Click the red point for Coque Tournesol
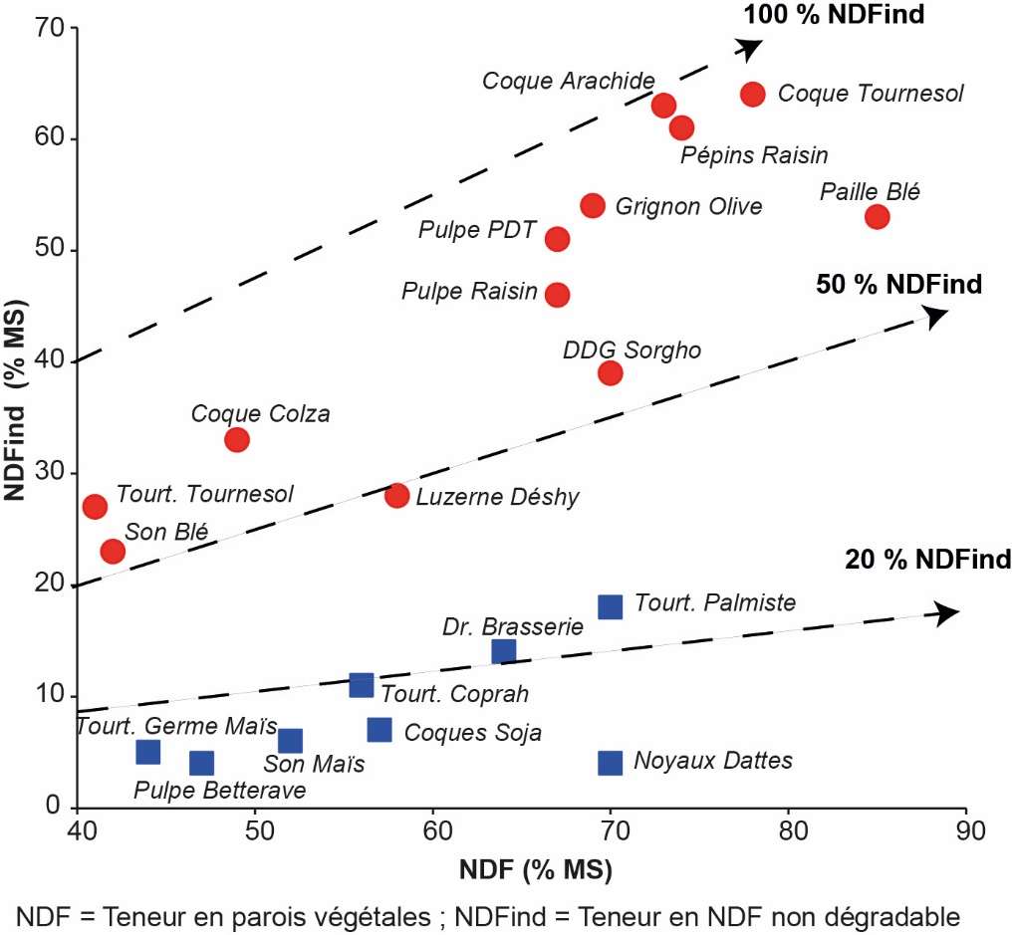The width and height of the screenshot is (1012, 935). point(753,94)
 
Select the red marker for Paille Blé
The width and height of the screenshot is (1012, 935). point(878,217)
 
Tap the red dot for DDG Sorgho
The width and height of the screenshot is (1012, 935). point(611,373)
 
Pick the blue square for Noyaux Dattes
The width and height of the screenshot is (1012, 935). point(611,763)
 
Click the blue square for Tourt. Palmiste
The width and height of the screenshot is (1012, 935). point(611,606)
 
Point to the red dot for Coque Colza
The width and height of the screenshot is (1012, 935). point(237,440)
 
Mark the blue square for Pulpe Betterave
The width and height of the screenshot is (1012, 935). point(202,764)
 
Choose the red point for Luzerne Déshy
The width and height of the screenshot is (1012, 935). point(397,496)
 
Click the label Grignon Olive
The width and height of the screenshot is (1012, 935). point(688,206)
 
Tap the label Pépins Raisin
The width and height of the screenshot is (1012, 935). point(754,155)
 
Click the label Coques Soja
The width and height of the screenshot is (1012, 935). point(473,733)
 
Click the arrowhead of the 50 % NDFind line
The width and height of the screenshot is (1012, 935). point(936,317)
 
